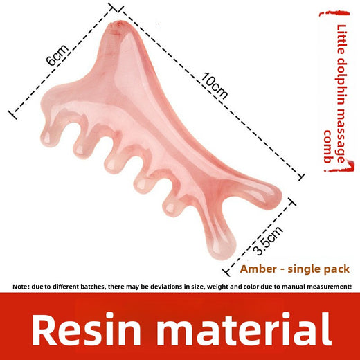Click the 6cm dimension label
coord(57,55)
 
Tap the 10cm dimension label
coord(215,86)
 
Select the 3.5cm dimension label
coord(267,241)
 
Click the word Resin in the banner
coord(86,329)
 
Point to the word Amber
coord(258,269)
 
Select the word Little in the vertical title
coord(342,39)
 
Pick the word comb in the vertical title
coord(328,147)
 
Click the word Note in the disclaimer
coord(21,287)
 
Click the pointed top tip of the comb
coord(118,23)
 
